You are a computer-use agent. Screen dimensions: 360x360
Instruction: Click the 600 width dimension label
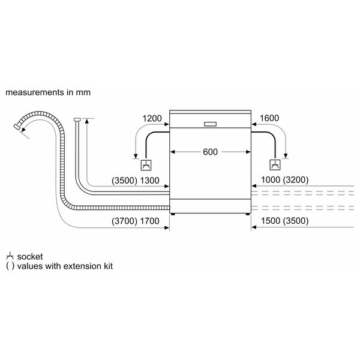[210, 152]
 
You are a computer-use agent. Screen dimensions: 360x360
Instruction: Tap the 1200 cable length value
[152, 118]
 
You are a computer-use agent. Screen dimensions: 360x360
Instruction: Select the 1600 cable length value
[269, 118]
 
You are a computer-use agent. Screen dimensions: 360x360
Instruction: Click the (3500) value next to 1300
[124, 181]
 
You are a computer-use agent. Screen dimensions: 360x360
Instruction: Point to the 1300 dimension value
[149, 181]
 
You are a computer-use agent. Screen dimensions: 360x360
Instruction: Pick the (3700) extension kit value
[124, 221]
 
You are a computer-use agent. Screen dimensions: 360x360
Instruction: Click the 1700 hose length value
[149, 221]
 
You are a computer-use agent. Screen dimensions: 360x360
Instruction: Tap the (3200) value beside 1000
[296, 180]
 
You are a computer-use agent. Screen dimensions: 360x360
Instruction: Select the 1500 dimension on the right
[271, 221]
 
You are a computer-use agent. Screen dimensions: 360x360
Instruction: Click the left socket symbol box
[146, 165]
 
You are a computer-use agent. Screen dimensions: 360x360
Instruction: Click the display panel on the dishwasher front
[210, 124]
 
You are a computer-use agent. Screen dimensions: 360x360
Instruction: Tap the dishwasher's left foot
[173, 214]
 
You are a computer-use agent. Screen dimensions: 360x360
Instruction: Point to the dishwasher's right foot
[248, 214]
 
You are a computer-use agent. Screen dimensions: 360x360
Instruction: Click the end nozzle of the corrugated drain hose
[17, 127]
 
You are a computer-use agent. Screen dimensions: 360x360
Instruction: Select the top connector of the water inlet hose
[77, 119]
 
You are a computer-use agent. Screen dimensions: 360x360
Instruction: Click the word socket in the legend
[30, 257]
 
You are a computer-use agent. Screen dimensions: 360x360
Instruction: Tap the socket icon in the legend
[10, 256]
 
